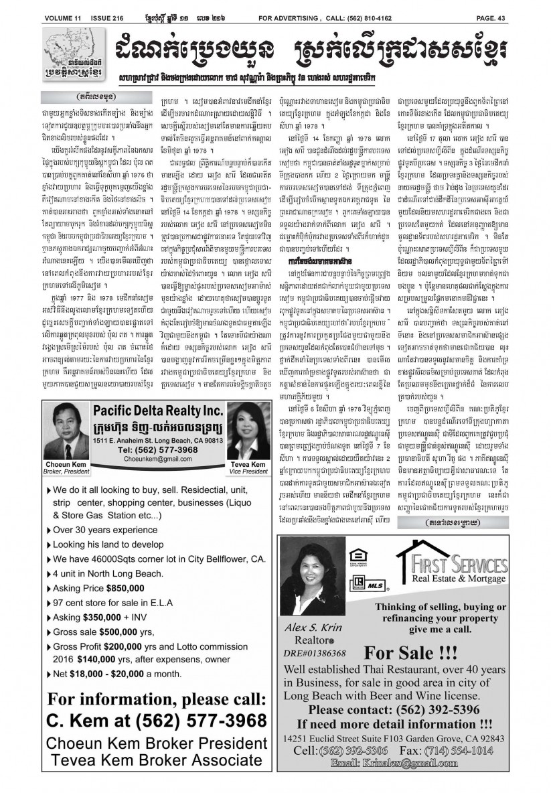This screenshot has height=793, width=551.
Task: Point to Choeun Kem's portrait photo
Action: point(68,433)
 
